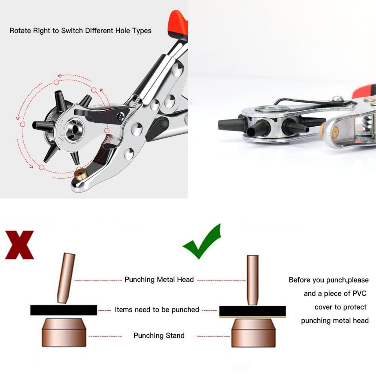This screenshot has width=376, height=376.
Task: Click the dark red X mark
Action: click(20, 245)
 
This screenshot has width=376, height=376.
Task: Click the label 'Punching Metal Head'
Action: click(159, 280)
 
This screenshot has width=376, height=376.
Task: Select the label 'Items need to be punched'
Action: click(157, 310)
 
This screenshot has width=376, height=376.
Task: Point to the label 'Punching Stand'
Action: click(159, 336)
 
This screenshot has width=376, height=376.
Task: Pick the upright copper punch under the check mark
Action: click(252, 280)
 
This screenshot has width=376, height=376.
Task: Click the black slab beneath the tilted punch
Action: click(64, 310)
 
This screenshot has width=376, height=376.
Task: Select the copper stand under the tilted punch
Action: click(64, 333)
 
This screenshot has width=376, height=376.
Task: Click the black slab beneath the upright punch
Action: click(252, 311)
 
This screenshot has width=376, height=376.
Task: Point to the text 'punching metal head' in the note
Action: click(335, 321)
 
